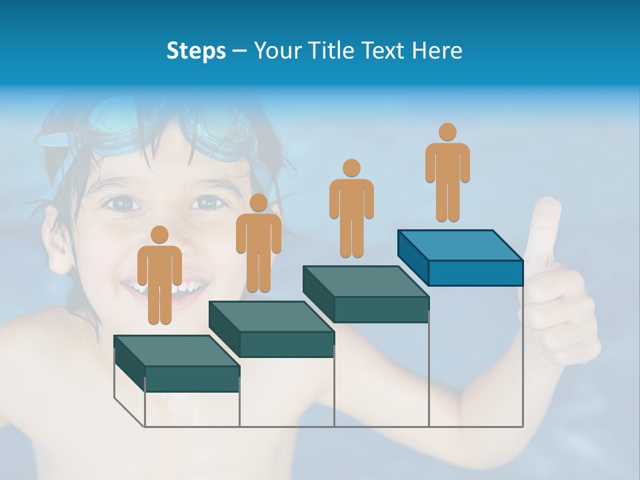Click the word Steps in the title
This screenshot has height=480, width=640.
coord(196,51)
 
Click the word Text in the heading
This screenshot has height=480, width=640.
coord(382,51)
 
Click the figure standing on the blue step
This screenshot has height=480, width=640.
coord(447,175)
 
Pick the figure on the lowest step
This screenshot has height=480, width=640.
coord(159,277)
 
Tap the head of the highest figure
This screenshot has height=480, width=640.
coord(447,132)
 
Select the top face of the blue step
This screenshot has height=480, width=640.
coord(460,245)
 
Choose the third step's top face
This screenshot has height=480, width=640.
coord(365,281)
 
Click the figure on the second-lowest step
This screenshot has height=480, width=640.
coord(258,246)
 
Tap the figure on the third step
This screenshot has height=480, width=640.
coord(351,211)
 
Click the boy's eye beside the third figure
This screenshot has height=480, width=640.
coord(208,201)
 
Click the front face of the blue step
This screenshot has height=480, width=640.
coord(475,273)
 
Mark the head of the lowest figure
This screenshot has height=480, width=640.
coord(159,235)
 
